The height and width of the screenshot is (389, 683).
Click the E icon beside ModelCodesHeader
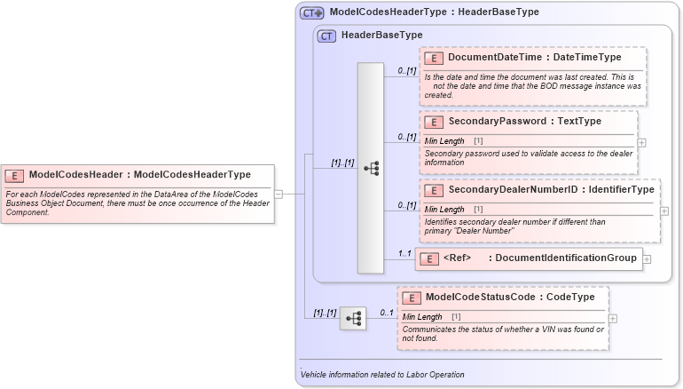16,175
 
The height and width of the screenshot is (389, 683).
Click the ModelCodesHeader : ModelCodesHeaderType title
139,175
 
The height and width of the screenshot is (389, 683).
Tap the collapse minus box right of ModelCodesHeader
279,193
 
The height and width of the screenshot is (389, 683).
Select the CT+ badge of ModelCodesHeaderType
311,13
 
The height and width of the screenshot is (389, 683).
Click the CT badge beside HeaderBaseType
326,36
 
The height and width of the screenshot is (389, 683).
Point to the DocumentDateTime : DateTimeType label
534,58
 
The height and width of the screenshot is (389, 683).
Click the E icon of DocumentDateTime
434,58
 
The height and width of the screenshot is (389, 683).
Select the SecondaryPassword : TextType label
524,122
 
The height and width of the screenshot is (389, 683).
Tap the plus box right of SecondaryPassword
641,142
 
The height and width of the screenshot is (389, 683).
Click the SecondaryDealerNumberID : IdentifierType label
551,190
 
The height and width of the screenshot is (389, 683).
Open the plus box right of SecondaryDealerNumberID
664,211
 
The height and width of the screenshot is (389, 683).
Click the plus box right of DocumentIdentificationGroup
647,258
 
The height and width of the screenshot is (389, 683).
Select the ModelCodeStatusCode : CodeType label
509,298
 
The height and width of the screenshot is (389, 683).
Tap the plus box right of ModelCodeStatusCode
613,318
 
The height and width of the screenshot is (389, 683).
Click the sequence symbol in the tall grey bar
371,168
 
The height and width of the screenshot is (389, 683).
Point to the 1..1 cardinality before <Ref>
404,253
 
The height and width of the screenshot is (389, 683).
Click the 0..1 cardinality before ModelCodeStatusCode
387,313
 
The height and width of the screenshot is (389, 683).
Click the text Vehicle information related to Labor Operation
382,375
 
